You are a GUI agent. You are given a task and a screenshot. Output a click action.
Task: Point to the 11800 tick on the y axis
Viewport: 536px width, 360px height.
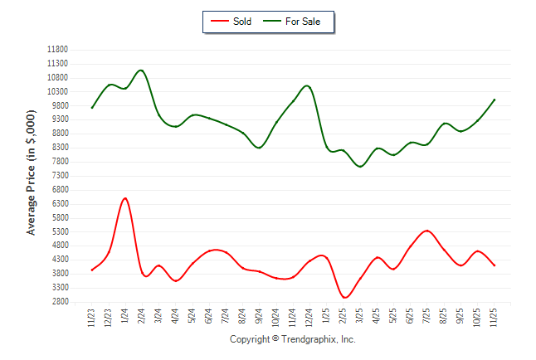point(57,50)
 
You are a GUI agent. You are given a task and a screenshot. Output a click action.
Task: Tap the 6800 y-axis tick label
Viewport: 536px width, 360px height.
point(59,190)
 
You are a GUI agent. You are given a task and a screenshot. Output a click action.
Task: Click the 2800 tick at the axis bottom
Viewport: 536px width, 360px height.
point(59,302)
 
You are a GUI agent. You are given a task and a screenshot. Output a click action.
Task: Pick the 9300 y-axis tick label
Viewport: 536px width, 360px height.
point(59,119)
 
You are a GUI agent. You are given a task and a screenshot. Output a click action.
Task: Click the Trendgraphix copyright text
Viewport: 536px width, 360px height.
point(292,339)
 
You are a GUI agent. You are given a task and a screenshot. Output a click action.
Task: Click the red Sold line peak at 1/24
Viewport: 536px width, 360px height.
point(124,198)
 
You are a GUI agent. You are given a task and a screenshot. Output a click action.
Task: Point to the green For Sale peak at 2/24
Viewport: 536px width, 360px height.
point(141,71)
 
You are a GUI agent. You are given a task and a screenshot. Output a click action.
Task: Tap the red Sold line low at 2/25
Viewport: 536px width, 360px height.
point(344,297)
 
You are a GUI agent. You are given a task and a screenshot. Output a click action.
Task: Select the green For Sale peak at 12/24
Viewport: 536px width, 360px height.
point(307,85)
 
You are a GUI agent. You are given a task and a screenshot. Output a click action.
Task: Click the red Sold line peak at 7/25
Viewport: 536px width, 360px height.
point(426,231)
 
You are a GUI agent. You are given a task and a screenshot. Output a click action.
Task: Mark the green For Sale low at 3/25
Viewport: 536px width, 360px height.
point(360,167)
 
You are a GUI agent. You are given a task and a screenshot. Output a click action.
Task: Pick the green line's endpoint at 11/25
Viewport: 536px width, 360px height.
point(495,100)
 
